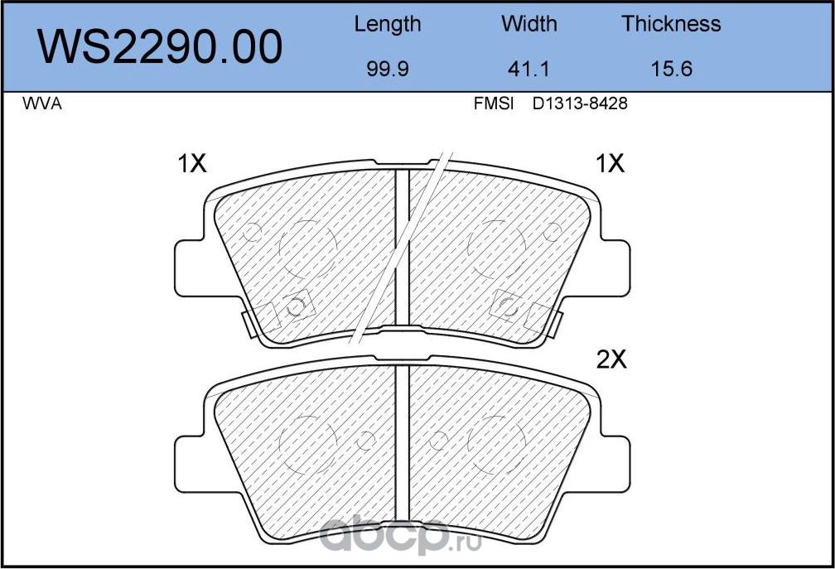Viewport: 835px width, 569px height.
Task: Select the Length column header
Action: [x=387, y=24]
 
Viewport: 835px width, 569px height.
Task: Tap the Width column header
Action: [x=529, y=24]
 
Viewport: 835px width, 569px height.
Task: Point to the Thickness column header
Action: [x=671, y=24]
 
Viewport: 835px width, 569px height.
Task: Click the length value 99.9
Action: [x=387, y=69]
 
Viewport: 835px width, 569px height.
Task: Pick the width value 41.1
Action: [x=529, y=69]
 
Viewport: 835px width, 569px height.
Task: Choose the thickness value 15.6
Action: [x=671, y=69]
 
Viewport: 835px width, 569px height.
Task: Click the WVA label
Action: [x=42, y=105]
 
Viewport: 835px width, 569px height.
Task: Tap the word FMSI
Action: [x=494, y=105]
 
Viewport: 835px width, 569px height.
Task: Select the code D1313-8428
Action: [x=580, y=105]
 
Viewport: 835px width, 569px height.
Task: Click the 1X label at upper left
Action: [x=191, y=165]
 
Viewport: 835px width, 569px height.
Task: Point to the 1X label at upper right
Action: [x=610, y=165]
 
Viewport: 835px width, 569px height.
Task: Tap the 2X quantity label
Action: [x=613, y=359]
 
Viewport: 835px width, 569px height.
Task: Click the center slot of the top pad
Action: [x=402, y=248]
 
